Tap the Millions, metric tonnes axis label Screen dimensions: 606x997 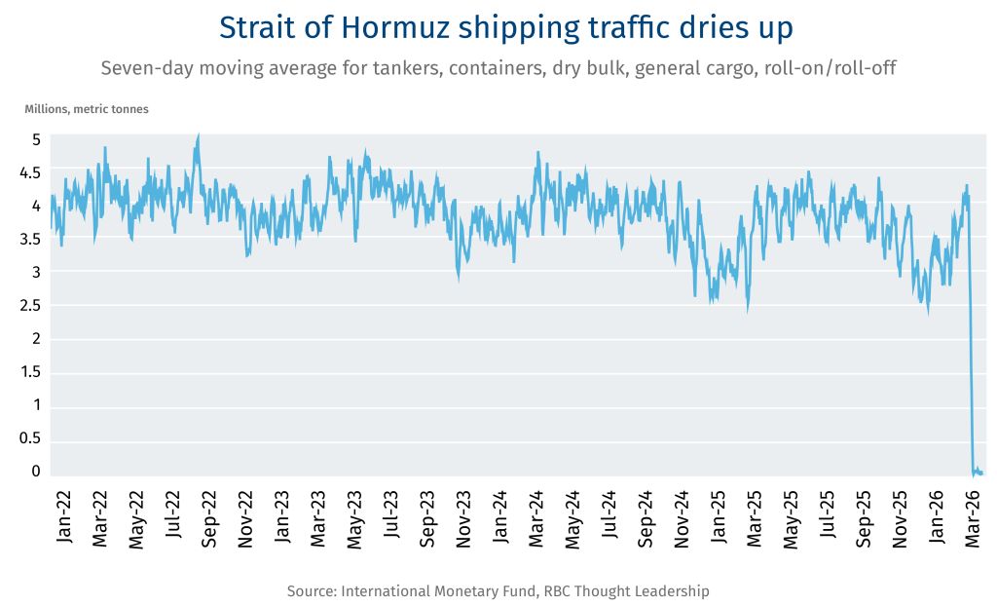coord(87,109)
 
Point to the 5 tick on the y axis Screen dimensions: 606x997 coord(36,139)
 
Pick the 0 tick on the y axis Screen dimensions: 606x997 coord(36,472)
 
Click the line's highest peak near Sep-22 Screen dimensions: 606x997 coord(198,136)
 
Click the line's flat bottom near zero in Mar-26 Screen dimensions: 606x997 coord(978,473)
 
